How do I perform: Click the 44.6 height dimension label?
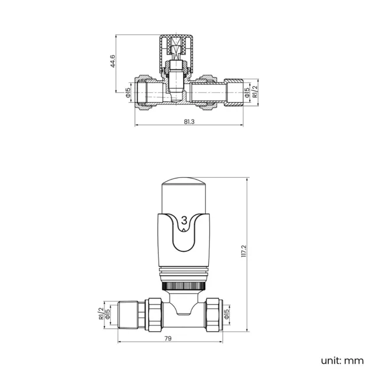tap(113, 61)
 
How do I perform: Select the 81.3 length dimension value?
tap(189, 121)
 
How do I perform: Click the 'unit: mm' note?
tap(342, 360)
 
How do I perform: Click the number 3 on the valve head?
tap(185, 220)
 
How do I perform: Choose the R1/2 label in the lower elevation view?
tap(101, 314)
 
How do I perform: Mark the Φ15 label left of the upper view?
tap(128, 92)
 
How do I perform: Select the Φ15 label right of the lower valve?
tap(226, 314)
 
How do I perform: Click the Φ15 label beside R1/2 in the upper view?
tap(247, 92)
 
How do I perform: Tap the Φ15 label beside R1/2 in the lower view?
tap(108, 314)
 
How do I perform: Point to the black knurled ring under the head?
tap(184, 286)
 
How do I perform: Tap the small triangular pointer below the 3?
tap(185, 230)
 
